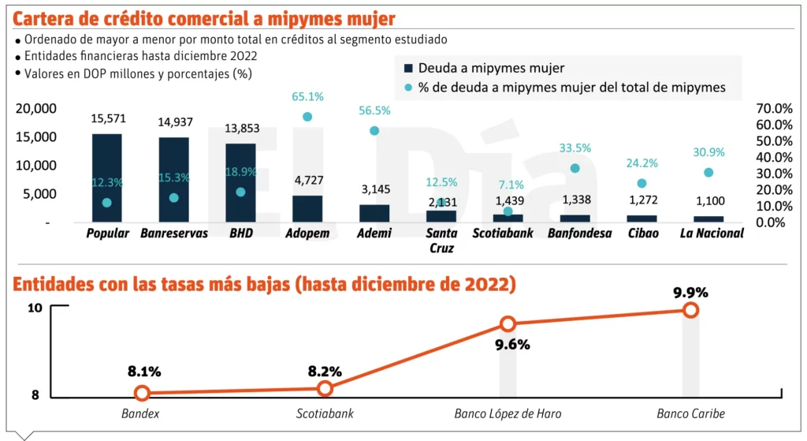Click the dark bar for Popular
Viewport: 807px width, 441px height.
[106, 178]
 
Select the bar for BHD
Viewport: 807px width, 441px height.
[240, 182]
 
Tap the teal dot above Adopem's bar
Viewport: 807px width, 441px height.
[307, 117]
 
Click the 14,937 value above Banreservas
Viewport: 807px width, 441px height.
[174, 121]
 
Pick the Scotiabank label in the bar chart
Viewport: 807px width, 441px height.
[503, 234]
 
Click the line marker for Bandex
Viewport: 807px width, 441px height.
[142, 393]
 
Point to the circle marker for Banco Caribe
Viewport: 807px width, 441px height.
[690, 310]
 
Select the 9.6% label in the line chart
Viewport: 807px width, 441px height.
[513, 345]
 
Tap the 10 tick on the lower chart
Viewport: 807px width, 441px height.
[35, 308]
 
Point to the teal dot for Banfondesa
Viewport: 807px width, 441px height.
[575, 168]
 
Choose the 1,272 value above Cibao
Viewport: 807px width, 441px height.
[642, 200]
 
